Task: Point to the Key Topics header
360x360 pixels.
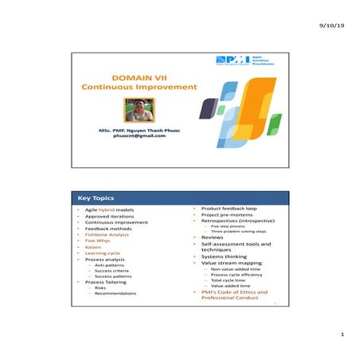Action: (96, 198)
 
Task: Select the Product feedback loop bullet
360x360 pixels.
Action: (229, 209)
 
